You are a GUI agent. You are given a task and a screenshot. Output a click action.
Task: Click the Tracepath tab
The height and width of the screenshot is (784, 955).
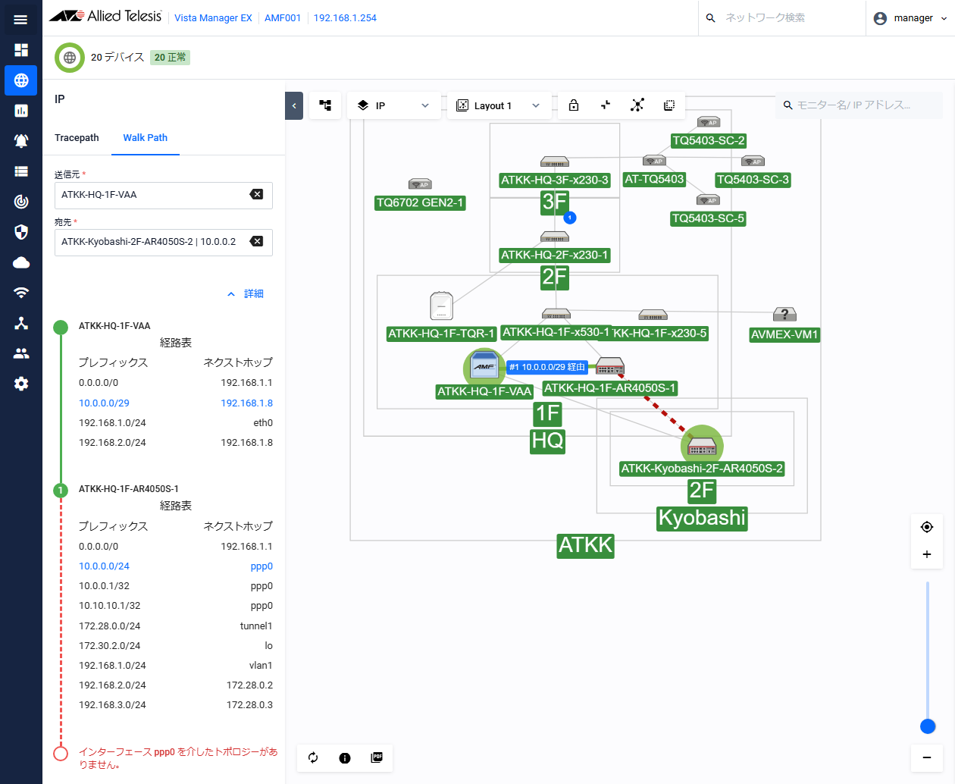77,138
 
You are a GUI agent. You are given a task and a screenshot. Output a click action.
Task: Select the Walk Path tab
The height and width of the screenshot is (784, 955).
146,138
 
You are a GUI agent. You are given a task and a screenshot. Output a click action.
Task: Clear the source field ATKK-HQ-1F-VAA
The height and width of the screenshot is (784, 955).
256,194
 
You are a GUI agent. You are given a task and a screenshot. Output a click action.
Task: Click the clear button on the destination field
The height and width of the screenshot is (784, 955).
256,241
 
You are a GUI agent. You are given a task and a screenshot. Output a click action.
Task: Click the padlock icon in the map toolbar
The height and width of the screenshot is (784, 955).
574,105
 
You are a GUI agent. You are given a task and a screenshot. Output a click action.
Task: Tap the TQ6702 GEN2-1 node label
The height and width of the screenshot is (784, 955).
420,202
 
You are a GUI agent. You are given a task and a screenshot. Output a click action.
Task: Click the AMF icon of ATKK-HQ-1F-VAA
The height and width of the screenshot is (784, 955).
484,366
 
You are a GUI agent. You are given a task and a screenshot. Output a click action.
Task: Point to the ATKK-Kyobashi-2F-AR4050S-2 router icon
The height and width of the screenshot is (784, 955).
702,446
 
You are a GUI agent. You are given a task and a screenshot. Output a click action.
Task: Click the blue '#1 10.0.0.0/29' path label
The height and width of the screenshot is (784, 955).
547,367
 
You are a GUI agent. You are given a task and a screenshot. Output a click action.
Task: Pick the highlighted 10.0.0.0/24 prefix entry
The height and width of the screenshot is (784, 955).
104,566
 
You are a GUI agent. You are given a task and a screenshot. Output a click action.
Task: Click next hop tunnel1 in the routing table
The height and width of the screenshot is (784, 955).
256,626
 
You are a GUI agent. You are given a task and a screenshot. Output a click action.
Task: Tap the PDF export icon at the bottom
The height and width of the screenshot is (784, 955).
377,757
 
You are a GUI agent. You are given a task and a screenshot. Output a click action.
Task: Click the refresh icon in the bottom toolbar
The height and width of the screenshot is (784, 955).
313,757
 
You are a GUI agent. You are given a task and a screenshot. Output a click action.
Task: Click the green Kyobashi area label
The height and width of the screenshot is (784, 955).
702,518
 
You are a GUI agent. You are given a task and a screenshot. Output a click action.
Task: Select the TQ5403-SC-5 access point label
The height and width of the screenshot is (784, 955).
708,219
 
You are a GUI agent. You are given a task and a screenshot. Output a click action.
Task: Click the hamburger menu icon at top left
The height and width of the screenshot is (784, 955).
20,20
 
